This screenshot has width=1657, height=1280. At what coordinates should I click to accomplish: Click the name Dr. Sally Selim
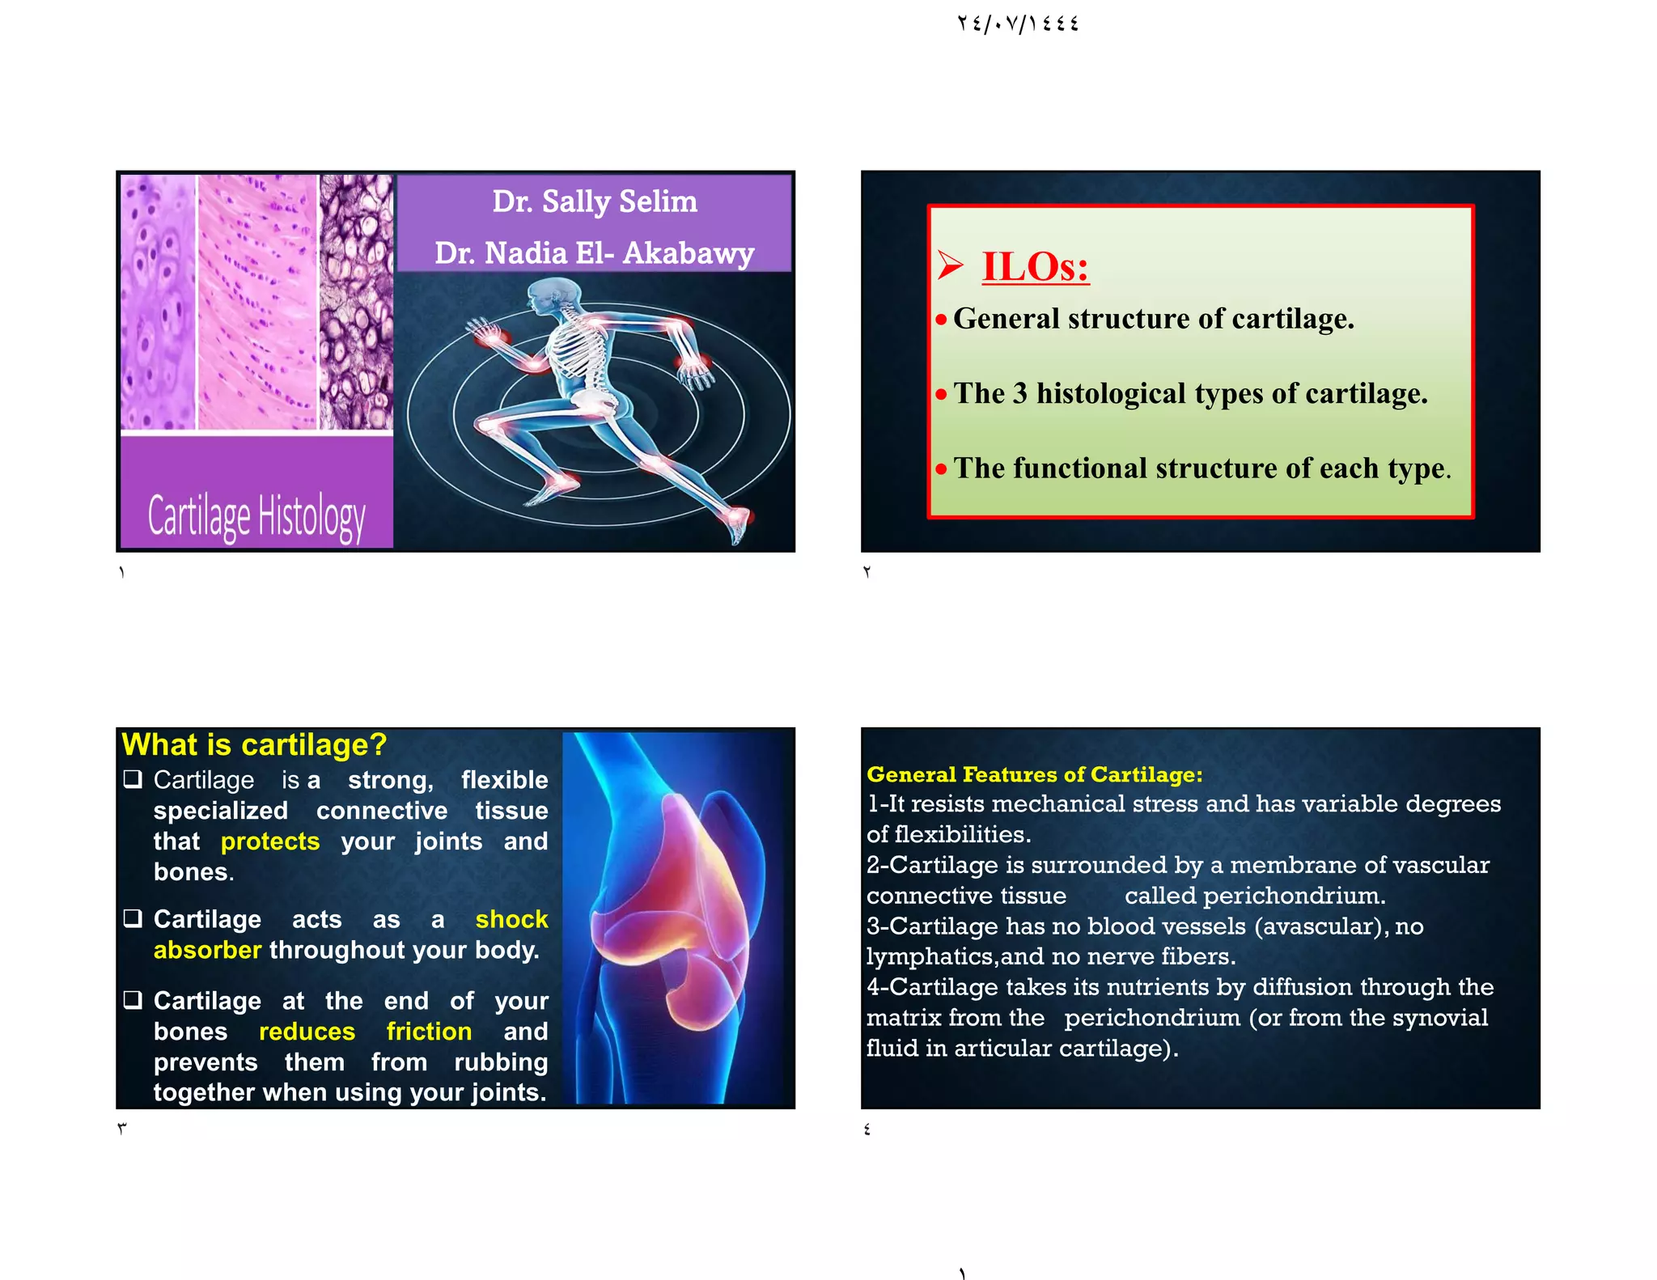(595, 201)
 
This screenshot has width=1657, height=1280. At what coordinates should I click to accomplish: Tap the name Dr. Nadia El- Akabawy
(595, 253)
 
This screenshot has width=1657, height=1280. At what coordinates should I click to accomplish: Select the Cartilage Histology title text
(256, 516)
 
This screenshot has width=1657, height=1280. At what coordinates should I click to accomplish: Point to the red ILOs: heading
(1036, 266)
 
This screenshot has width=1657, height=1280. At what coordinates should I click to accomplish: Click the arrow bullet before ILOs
(951, 265)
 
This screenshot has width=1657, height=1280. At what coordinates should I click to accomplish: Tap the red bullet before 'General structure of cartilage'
(941, 320)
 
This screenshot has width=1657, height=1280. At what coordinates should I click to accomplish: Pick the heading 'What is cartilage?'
(254, 744)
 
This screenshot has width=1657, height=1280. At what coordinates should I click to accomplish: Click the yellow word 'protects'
(270, 841)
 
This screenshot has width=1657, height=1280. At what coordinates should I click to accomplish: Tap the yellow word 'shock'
(511, 919)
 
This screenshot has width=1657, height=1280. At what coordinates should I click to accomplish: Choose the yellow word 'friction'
(429, 1032)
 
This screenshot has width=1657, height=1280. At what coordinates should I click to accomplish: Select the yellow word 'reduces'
(307, 1032)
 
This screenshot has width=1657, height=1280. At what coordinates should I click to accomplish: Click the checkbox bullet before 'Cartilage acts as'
(133, 918)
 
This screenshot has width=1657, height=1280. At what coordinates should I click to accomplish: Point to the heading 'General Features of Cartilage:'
(1034, 775)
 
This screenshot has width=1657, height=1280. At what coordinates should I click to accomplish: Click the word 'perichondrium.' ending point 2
(1294, 896)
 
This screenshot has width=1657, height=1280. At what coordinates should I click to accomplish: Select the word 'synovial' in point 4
(1441, 1018)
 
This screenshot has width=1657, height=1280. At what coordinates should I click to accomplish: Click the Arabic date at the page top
(1018, 23)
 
